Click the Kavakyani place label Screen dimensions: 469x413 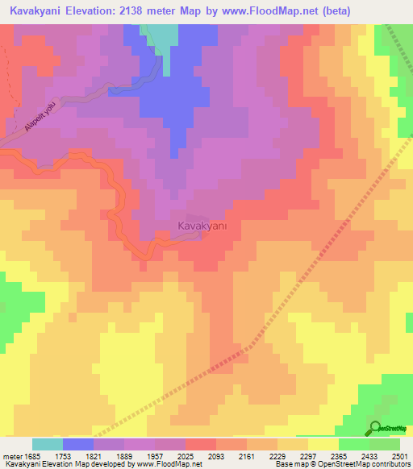coord(202,226)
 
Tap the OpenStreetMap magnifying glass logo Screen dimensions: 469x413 coord(376,429)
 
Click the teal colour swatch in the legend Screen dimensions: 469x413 coord(47,444)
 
